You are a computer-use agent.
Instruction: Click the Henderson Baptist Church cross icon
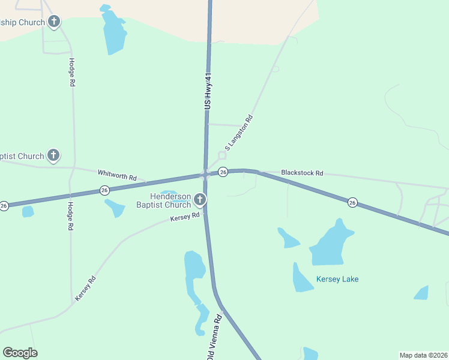(x=200, y=199)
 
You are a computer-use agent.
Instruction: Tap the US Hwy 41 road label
(x=208, y=91)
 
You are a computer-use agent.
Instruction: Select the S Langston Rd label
(x=239, y=132)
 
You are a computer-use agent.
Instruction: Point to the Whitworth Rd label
(x=117, y=175)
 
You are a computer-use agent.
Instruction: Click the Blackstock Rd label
(x=302, y=173)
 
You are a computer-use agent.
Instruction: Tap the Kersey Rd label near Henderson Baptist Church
(x=184, y=217)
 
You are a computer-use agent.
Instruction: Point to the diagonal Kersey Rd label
(x=85, y=289)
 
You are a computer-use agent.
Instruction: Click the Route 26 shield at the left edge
(x=4, y=206)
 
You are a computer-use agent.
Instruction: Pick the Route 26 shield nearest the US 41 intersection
(x=223, y=172)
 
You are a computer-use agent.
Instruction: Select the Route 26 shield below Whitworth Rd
(x=104, y=190)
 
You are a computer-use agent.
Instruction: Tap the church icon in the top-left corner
(x=54, y=23)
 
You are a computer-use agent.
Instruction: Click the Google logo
(x=20, y=353)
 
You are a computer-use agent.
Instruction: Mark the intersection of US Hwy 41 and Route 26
(x=206, y=174)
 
